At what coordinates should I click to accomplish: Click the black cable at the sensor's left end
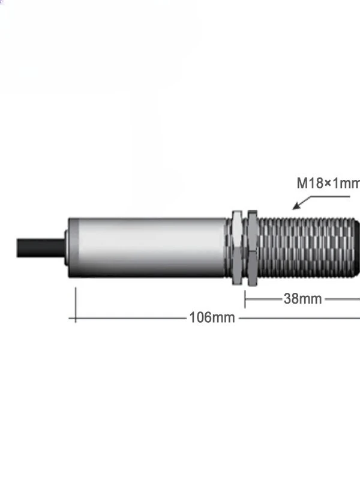[41, 248]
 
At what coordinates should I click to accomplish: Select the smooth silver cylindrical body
[148, 248]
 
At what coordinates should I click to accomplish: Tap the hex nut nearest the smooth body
[237, 247]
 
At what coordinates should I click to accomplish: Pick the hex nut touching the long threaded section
[252, 248]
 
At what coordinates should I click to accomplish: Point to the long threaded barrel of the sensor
[306, 248]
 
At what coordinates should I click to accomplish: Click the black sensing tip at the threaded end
[357, 248]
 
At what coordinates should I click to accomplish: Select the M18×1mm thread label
[328, 183]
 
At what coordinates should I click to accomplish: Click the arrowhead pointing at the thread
[296, 206]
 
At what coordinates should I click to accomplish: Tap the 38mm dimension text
[302, 299]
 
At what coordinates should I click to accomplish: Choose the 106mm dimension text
[212, 317]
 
